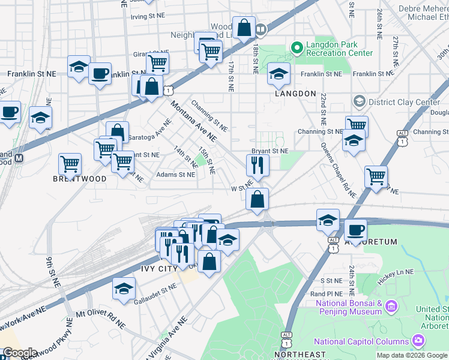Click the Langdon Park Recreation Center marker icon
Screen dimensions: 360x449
click(x=296, y=47)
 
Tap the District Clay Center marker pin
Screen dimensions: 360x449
click(x=359, y=101)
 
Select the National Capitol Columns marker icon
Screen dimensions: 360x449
click(x=419, y=341)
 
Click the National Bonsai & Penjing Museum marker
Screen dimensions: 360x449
click(x=391, y=307)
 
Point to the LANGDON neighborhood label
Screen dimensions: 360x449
click(x=295, y=94)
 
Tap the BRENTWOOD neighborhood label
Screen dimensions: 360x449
click(x=80, y=179)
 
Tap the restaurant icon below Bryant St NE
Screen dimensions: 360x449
click(x=258, y=164)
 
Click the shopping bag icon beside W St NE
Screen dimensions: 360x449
click(x=257, y=199)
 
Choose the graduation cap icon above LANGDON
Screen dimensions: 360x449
click(x=279, y=74)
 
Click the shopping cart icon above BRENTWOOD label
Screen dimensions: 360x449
click(x=70, y=163)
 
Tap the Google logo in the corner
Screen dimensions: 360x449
click(x=19, y=353)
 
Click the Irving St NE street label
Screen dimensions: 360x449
click(x=146, y=17)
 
